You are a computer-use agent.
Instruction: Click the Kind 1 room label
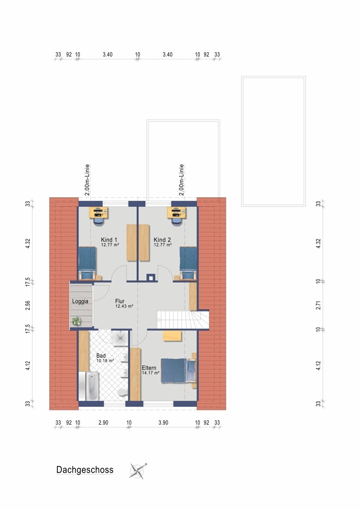tap(109, 240)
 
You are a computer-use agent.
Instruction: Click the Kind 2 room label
tap(162, 240)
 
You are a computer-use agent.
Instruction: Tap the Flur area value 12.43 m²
tap(124, 306)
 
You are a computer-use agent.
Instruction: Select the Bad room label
tap(101, 356)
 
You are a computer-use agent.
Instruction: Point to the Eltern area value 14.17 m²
tap(151, 373)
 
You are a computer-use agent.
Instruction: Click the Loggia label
tap(80, 301)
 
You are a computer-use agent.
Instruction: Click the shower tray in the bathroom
tap(120, 338)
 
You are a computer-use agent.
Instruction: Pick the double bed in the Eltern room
tap(178, 371)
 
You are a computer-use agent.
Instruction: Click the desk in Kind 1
tap(98, 212)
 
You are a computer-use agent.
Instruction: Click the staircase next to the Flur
tap(183, 320)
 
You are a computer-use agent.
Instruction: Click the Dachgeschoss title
tap(84, 470)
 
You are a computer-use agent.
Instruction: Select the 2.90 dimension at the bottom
tap(103, 422)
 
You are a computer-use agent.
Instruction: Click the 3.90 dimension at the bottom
tap(163, 422)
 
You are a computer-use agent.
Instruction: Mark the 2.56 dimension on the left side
tap(28, 305)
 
